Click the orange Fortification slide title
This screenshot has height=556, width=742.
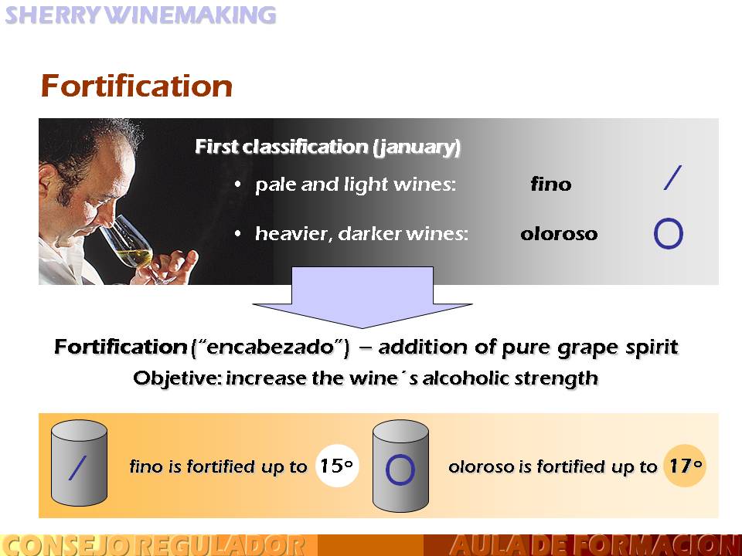click(136, 86)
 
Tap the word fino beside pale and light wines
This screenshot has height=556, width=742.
click(551, 184)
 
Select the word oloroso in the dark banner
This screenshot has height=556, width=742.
click(559, 233)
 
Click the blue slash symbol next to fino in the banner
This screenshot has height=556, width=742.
click(672, 178)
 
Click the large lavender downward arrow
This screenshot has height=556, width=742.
click(362, 297)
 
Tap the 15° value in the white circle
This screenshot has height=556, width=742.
click(336, 466)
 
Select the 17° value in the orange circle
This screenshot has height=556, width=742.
click(686, 466)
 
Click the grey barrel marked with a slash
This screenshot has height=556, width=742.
click(79, 463)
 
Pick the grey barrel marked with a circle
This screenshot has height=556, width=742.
click(401, 466)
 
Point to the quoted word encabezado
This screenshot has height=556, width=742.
click(269, 347)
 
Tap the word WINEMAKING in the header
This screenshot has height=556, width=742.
click(189, 15)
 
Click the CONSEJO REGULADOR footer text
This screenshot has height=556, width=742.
click(155, 545)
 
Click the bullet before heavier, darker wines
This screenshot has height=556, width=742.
click(237, 233)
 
